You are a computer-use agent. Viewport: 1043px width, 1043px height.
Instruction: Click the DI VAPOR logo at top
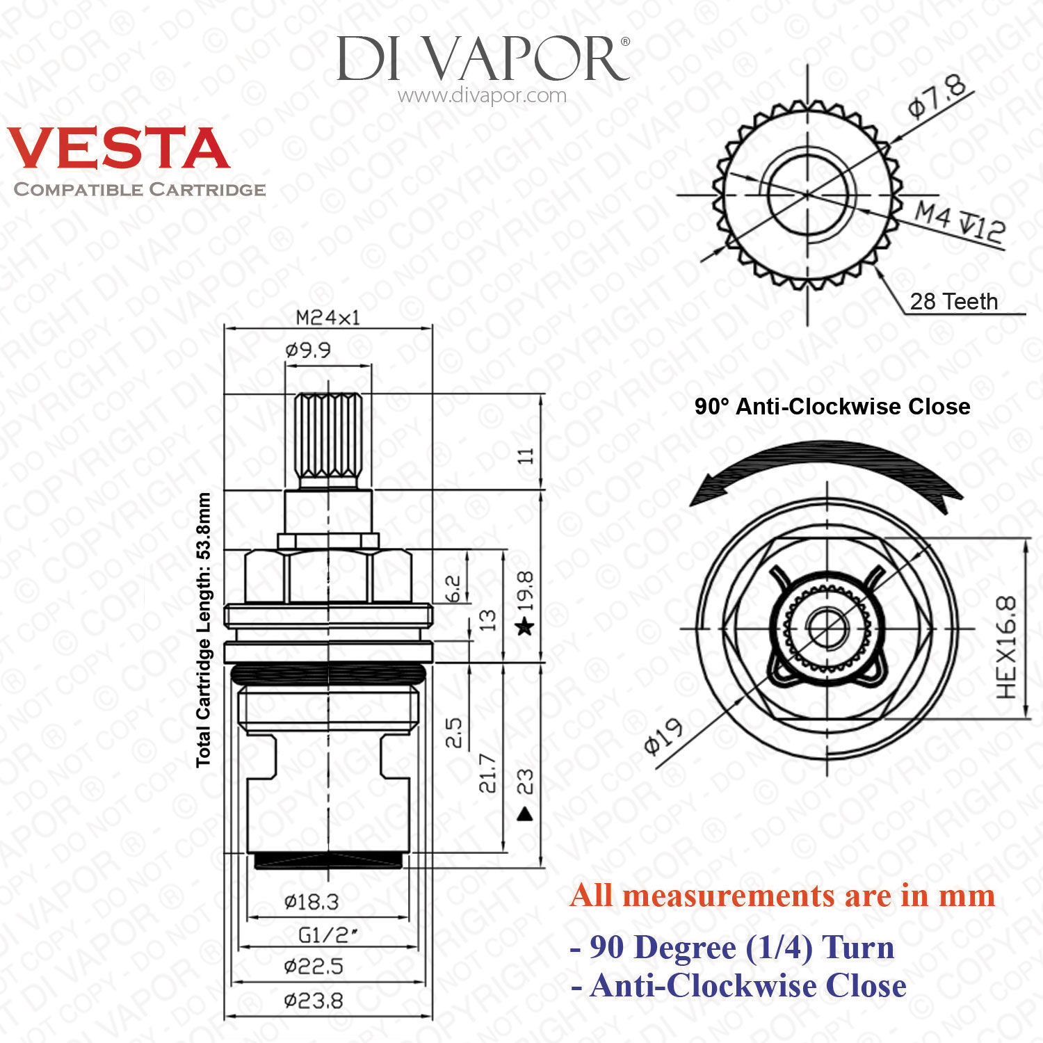pos(483,59)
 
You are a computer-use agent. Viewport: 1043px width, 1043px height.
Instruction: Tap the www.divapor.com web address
pos(482,96)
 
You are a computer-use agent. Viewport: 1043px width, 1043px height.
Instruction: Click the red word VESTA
pos(118,148)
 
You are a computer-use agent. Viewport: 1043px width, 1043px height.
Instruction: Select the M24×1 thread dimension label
pos(328,318)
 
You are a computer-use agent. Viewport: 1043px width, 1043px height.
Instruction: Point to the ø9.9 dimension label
pos(308,350)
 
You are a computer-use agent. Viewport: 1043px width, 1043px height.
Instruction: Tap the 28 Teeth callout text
pos(953,302)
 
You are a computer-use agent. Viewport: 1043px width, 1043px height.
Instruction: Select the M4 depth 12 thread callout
pos(959,221)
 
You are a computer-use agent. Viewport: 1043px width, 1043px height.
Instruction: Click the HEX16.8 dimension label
pos(1006,647)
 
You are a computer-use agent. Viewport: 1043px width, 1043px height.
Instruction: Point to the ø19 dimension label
pos(663,736)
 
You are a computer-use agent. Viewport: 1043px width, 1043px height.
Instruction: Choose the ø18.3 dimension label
pos(312,902)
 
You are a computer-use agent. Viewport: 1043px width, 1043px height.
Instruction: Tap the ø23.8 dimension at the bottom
pos(314,1001)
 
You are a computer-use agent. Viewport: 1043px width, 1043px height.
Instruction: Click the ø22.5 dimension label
pos(314,966)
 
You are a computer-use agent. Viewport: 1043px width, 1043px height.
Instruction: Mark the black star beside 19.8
pos(525,627)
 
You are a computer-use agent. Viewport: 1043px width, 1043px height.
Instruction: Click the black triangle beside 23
pos(525,813)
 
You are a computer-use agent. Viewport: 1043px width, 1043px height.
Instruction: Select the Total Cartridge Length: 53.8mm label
pos(203,630)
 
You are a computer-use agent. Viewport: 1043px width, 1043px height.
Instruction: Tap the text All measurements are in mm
pos(782,896)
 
